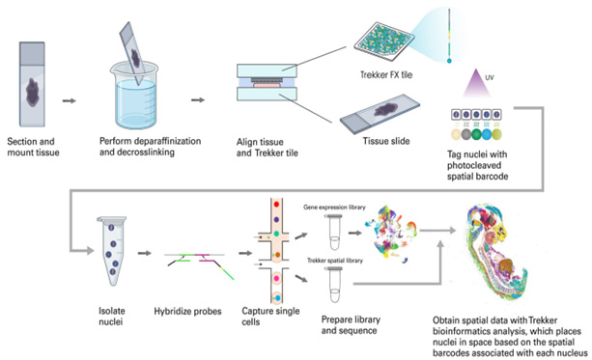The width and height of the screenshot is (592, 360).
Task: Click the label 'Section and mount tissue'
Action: click(x=33, y=147)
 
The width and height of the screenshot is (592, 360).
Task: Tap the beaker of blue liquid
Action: click(x=134, y=98)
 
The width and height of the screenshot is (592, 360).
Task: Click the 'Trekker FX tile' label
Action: click(x=386, y=74)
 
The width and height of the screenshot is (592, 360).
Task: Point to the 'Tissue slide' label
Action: click(x=386, y=141)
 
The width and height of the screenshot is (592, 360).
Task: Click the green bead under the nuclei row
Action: click(x=476, y=134)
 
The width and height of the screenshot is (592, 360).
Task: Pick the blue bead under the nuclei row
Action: click(x=487, y=134)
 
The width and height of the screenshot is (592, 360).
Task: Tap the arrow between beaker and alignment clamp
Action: click(x=198, y=100)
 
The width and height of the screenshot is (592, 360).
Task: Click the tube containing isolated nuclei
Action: click(x=112, y=251)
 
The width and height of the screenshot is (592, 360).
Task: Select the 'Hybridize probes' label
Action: click(x=187, y=312)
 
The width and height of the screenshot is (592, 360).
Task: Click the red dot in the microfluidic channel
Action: click(x=276, y=205)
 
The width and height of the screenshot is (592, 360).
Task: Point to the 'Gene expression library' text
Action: click(x=334, y=208)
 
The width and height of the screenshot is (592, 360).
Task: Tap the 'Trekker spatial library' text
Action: click(x=335, y=261)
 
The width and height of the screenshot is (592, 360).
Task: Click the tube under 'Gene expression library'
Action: click(x=334, y=232)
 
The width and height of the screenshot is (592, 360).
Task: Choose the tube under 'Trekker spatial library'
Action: click(x=334, y=285)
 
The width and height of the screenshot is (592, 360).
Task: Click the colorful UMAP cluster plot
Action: click(x=391, y=234)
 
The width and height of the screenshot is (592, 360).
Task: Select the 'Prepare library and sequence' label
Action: click(x=351, y=325)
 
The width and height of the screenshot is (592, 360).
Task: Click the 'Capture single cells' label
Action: click(x=270, y=317)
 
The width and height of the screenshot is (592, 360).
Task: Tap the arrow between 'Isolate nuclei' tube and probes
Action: click(x=144, y=253)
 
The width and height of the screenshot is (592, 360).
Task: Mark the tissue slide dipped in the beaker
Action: click(x=132, y=53)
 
